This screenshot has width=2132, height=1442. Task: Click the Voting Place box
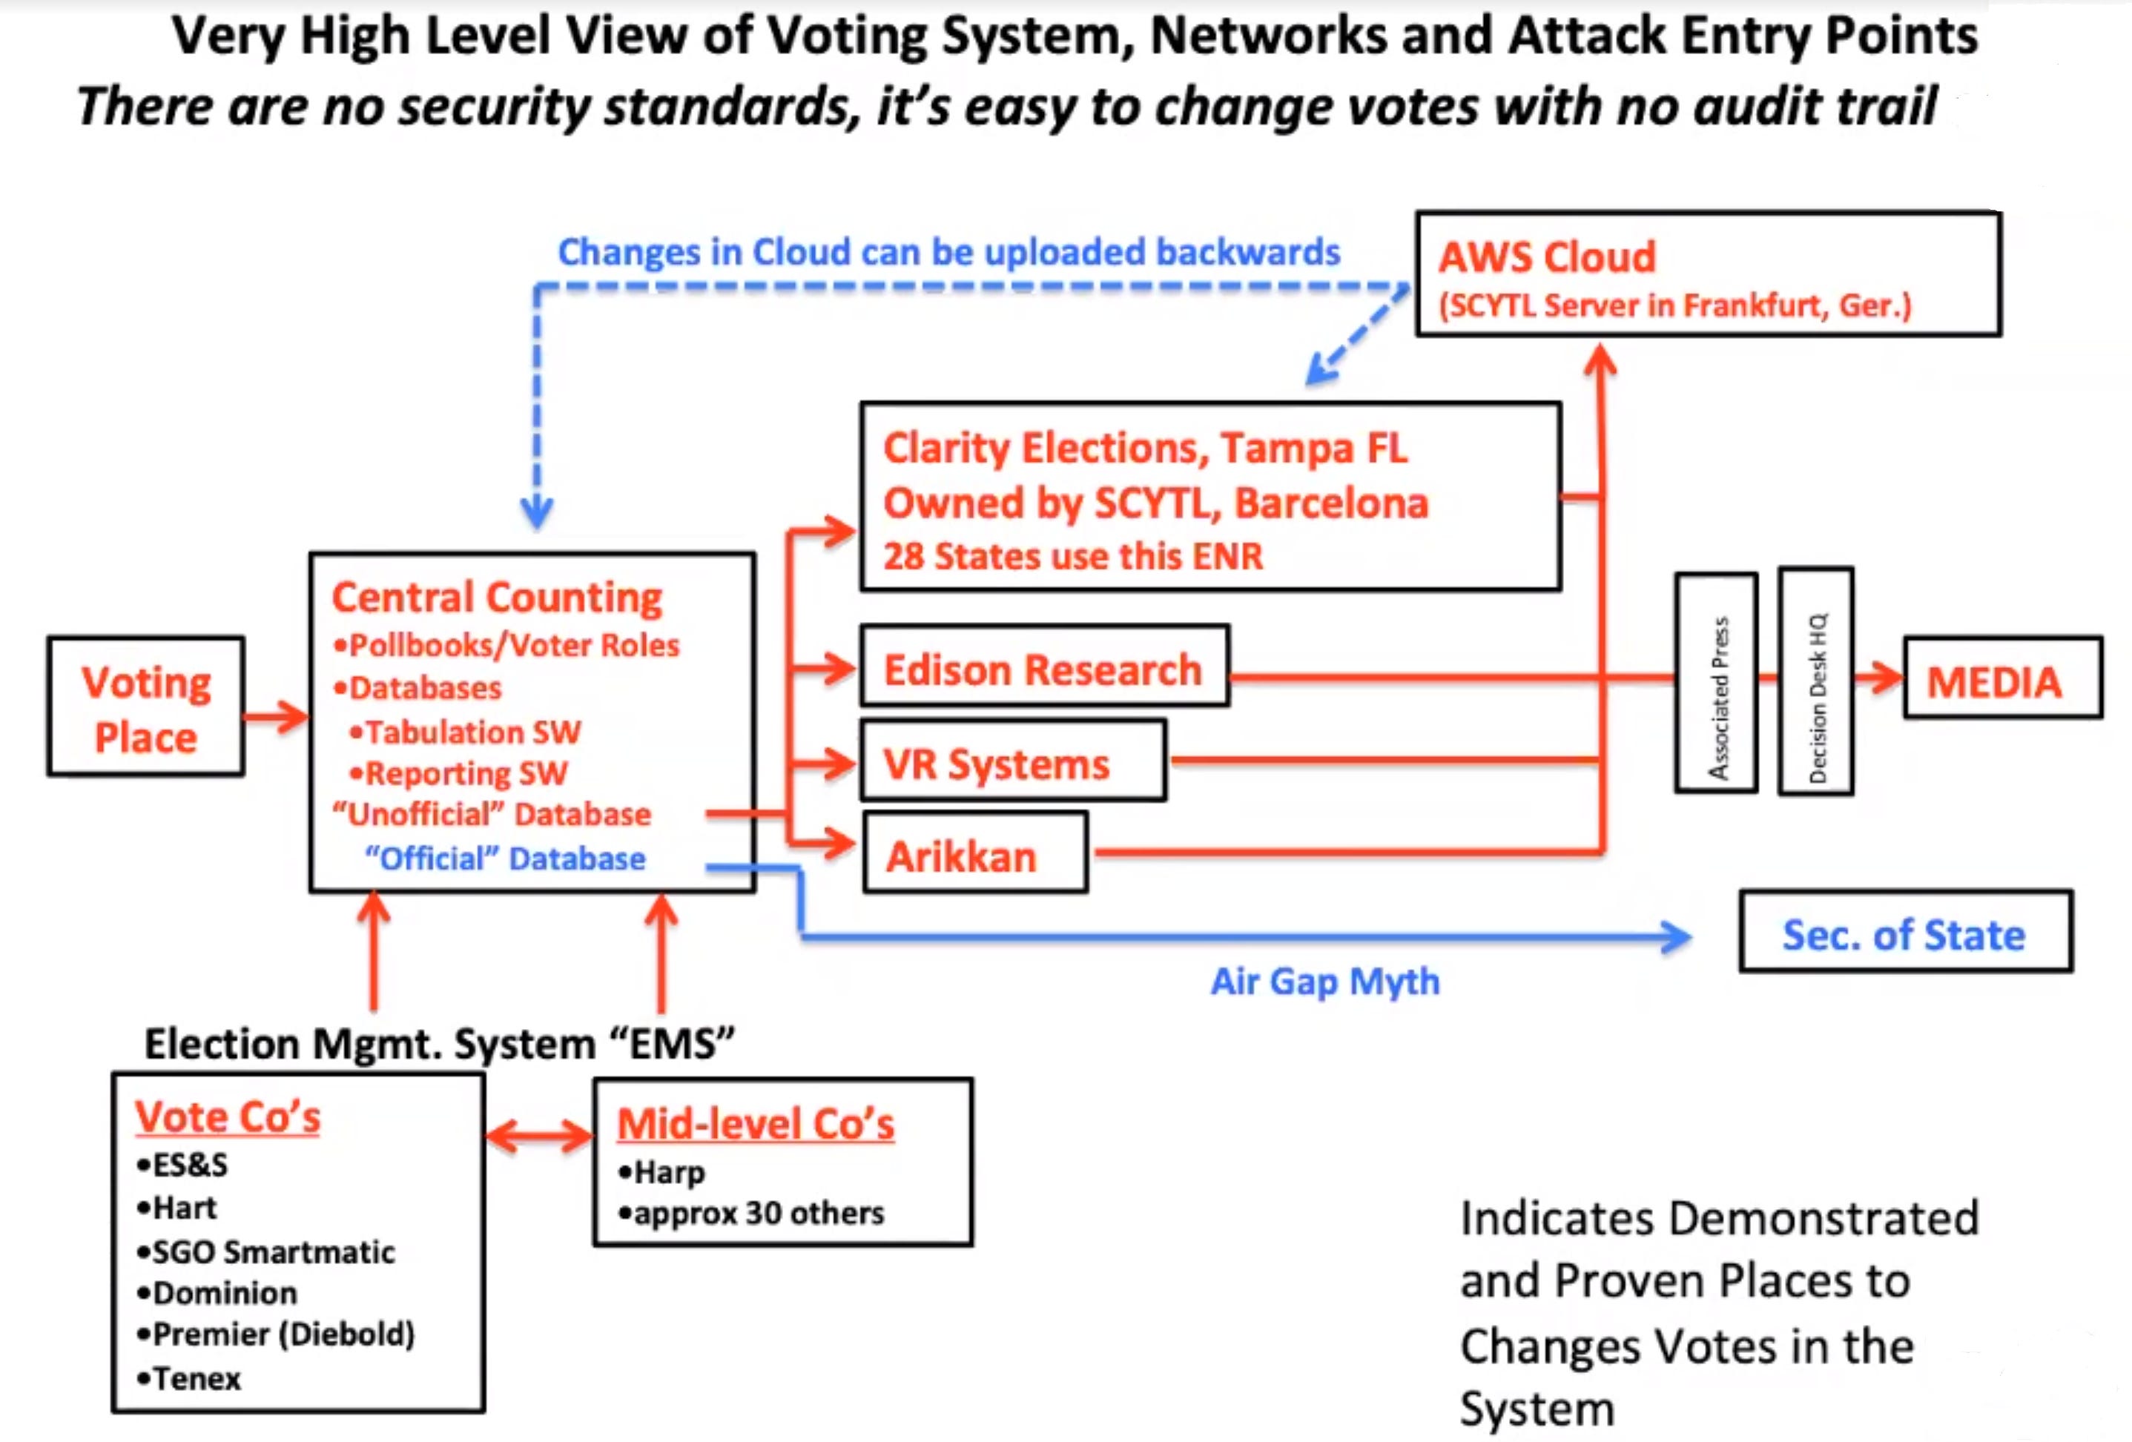click(146, 707)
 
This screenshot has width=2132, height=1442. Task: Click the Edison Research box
click(1043, 667)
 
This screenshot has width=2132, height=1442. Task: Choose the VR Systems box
click(1012, 761)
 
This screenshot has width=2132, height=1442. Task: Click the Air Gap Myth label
click(1324, 981)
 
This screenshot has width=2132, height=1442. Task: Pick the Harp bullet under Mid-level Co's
click(661, 1171)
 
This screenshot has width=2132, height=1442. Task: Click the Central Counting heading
click(496, 597)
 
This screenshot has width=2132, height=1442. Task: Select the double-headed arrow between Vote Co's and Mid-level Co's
click(539, 1137)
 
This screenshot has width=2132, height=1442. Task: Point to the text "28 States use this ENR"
click(1072, 555)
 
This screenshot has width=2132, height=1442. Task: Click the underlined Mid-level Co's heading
click(755, 1124)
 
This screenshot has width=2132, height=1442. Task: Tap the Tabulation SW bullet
click(465, 731)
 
